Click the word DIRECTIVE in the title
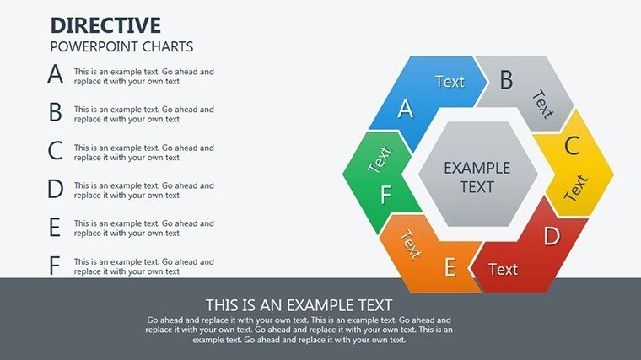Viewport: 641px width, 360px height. point(105,25)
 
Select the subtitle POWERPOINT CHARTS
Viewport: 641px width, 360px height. point(121,46)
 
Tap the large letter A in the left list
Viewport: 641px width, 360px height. point(55,74)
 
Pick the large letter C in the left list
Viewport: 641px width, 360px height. point(55,150)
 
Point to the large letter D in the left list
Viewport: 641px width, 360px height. point(56,189)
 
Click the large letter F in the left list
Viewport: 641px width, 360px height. point(54,266)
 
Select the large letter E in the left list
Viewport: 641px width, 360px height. point(55,227)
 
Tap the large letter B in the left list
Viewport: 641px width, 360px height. point(55,112)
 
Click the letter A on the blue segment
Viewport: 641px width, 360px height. point(406,109)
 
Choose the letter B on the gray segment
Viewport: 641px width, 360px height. point(507,80)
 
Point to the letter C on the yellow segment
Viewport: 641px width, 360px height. point(572,146)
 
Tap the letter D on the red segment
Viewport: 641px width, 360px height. point(552,236)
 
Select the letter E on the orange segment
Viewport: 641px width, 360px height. point(450,267)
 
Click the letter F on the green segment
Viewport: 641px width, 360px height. point(386,195)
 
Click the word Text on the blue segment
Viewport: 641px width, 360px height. point(450,82)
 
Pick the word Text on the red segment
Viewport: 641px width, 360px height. point(504,269)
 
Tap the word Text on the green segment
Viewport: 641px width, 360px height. point(380,159)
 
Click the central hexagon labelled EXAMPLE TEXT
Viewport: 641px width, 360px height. point(477,174)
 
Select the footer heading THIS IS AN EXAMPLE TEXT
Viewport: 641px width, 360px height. point(299,305)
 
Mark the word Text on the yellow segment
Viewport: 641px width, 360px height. point(576,187)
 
